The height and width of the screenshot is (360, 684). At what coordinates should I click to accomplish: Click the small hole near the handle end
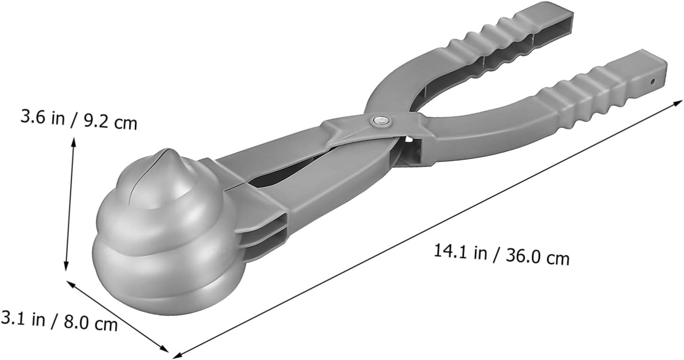point(652,81)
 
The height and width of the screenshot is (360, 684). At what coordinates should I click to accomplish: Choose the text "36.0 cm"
point(538,257)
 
